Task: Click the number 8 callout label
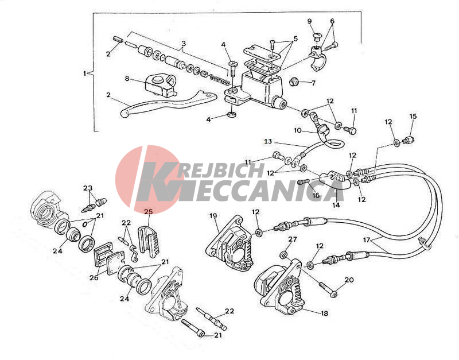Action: (127, 79)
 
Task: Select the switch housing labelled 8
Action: (161, 85)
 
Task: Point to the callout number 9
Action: (310, 21)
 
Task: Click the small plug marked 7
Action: (293, 82)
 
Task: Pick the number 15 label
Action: (413, 117)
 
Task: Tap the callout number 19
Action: (213, 216)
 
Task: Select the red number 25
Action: (149, 211)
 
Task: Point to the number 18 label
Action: (324, 313)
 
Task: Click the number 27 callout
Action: (293, 239)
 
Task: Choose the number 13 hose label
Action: (268, 141)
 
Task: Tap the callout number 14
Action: (336, 205)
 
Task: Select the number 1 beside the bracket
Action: (85, 73)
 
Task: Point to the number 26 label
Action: (94, 277)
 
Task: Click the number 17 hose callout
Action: (367, 240)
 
